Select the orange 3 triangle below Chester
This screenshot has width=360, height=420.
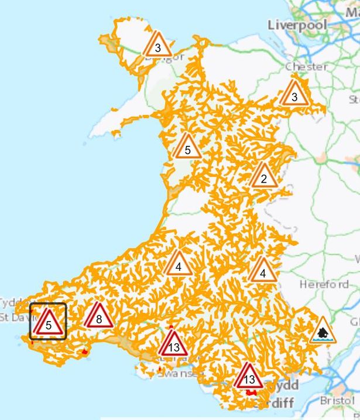[x=294, y=94]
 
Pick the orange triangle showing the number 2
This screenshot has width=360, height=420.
[x=263, y=176]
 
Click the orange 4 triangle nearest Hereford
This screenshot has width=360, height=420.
[x=263, y=271]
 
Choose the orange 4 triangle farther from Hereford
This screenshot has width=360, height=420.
[x=178, y=265]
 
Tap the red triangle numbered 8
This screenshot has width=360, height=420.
[x=98, y=317]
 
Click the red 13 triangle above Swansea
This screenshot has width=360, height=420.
[x=173, y=345]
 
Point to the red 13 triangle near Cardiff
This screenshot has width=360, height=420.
[x=249, y=377]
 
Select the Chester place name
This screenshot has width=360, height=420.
[x=306, y=67]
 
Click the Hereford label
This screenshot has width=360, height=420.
[x=323, y=285]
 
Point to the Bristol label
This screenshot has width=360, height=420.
[x=337, y=401]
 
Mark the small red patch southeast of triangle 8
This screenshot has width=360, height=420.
[x=84, y=352]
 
